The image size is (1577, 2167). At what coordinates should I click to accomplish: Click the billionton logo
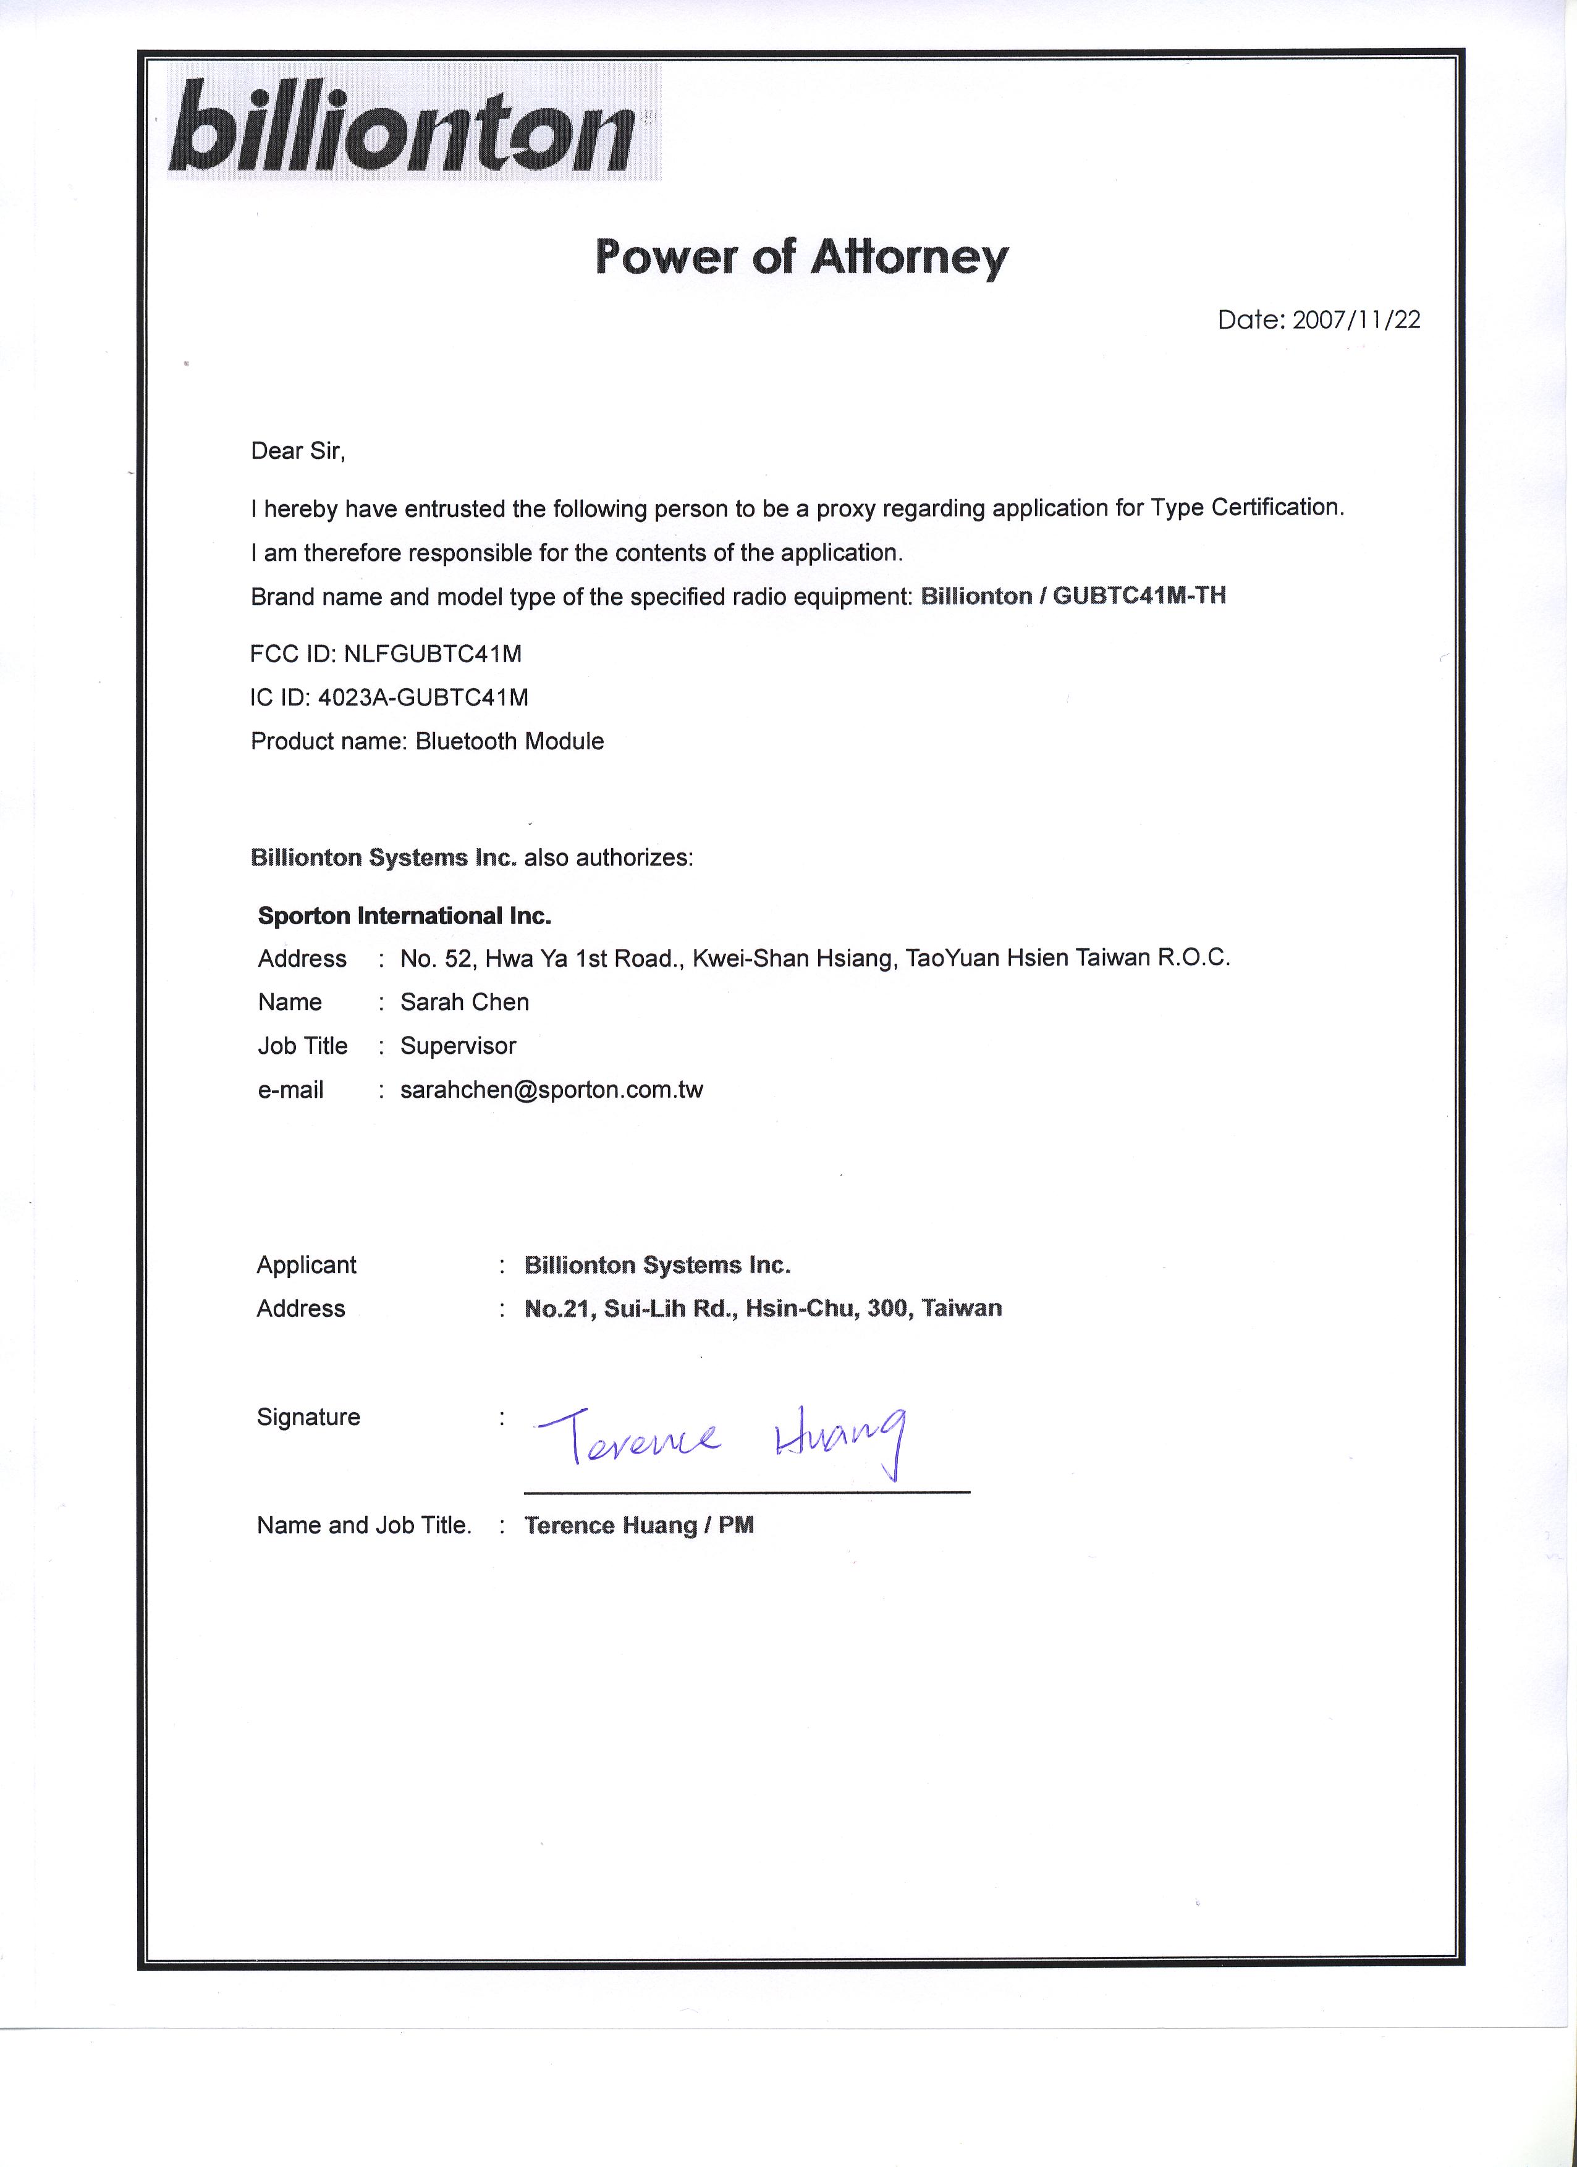pyautogui.click(x=413, y=124)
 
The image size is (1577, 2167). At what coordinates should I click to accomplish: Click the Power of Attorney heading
pyautogui.click(x=801, y=256)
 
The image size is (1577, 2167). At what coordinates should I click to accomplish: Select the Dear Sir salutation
pyautogui.click(x=297, y=451)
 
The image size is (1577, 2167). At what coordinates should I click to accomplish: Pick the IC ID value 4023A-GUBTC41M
pyautogui.click(x=423, y=697)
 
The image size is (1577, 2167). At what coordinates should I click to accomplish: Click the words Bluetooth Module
pyautogui.click(x=509, y=741)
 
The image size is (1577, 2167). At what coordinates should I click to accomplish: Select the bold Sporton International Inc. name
pyautogui.click(x=404, y=916)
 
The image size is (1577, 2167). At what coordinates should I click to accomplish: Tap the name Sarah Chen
pyautogui.click(x=465, y=1003)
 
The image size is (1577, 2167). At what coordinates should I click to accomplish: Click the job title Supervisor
pyautogui.click(x=458, y=1046)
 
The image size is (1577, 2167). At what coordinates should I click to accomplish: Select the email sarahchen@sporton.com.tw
pyautogui.click(x=551, y=1090)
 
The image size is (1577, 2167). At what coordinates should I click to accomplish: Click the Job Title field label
pyautogui.click(x=302, y=1046)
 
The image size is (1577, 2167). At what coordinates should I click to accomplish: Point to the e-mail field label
pyautogui.click(x=290, y=1090)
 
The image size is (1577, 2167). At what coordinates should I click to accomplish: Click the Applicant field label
pyautogui.click(x=306, y=1265)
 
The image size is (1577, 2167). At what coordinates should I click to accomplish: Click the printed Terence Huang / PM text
pyautogui.click(x=638, y=1526)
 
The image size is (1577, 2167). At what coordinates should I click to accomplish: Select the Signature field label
pyautogui.click(x=308, y=1417)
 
